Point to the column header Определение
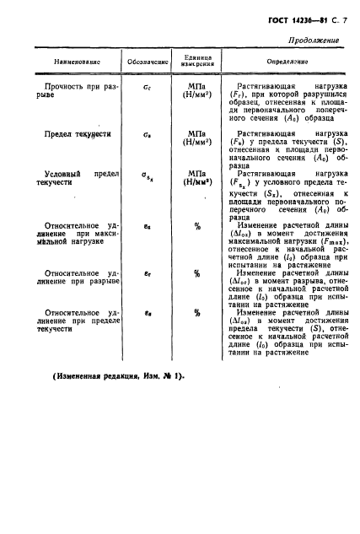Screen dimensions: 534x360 click(x=271, y=62)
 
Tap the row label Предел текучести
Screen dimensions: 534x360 click(x=75, y=134)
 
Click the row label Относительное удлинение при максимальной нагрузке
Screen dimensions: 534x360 click(x=75, y=234)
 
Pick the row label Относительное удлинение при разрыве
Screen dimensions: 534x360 click(x=75, y=279)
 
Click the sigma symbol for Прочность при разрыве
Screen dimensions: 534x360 click(x=148, y=86)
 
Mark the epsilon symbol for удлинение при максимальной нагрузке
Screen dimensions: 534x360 click(x=148, y=227)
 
